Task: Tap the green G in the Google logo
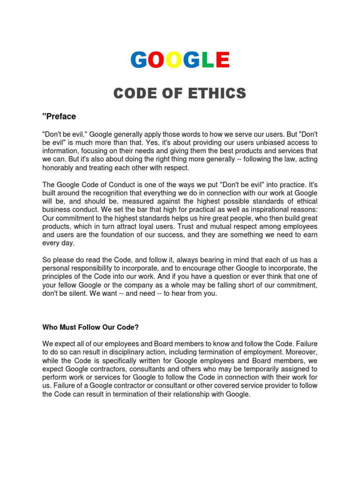coord(191,60)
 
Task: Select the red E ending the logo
coord(222,60)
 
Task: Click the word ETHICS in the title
coord(219,94)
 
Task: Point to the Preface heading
coord(59,116)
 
